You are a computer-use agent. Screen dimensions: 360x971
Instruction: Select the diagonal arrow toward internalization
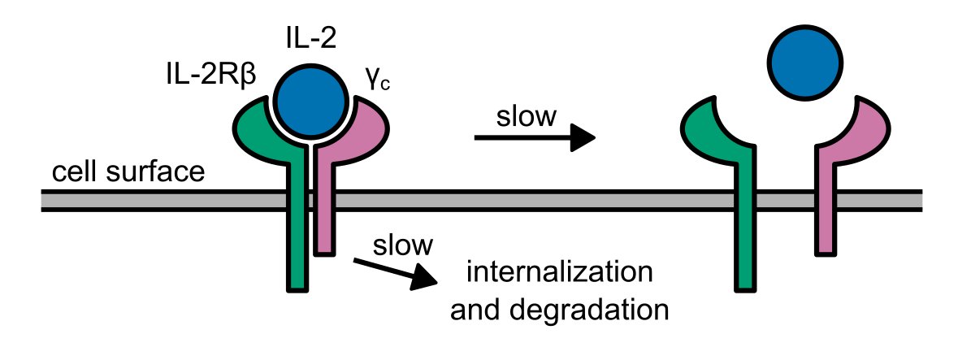tap(394, 271)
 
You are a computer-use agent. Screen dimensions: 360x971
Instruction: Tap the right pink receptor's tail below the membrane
tap(826, 232)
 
